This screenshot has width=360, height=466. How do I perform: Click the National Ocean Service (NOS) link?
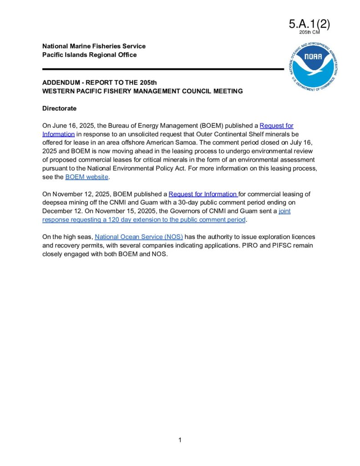139,237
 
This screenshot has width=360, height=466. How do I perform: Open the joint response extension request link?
144,220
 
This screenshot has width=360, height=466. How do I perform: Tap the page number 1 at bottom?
180,440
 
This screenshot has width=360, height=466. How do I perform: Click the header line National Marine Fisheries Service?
94,46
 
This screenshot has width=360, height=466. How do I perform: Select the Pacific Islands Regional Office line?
89,55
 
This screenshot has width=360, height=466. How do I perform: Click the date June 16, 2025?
71,125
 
